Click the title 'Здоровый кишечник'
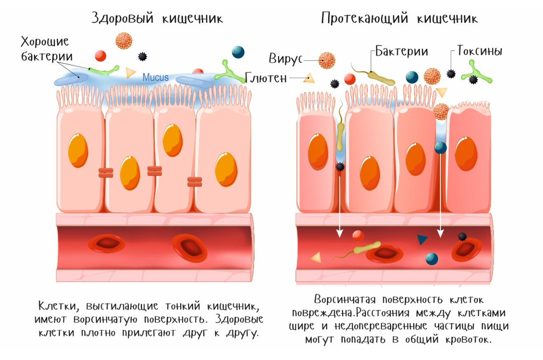[157, 19]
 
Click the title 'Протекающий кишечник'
[399, 19]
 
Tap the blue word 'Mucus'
[156, 77]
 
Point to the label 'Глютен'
[267, 78]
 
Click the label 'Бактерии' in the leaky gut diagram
[402, 51]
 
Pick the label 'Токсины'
[480, 51]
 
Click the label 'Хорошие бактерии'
[45, 50]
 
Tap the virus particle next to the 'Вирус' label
[327, 60]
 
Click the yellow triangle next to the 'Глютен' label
[310, 78]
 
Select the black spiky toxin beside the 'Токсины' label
[451, 73]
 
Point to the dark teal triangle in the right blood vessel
[422, 240]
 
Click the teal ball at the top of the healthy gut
[238, 52]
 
